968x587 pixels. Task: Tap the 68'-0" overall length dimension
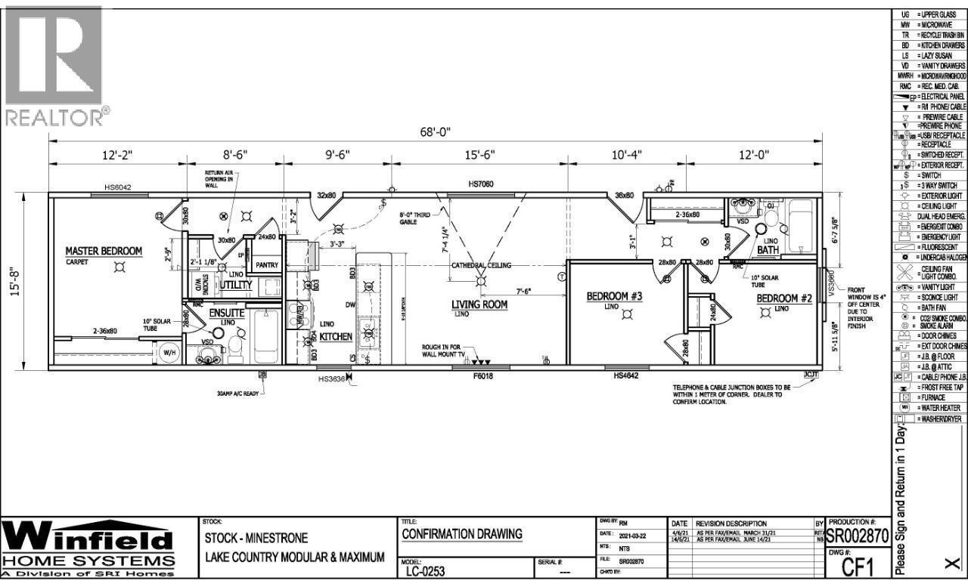[x=436, y=131]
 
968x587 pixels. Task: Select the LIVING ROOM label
[x=479, y=305]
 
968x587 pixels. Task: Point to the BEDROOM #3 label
[x=614, y=296]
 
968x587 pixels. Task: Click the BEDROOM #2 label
[x=784, y=298]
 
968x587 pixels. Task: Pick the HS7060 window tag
[x=480, y=184]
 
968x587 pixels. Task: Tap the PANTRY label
[x=267, y=265]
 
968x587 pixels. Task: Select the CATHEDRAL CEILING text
[x=481, y=266]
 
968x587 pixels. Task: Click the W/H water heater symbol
[x=167, y=353]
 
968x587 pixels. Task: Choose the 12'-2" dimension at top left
[x=118, y=155]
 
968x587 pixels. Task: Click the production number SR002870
[x=856, y=537]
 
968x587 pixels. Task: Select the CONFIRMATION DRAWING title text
[x=461, y=534]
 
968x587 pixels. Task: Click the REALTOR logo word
[x=54, y=116]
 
